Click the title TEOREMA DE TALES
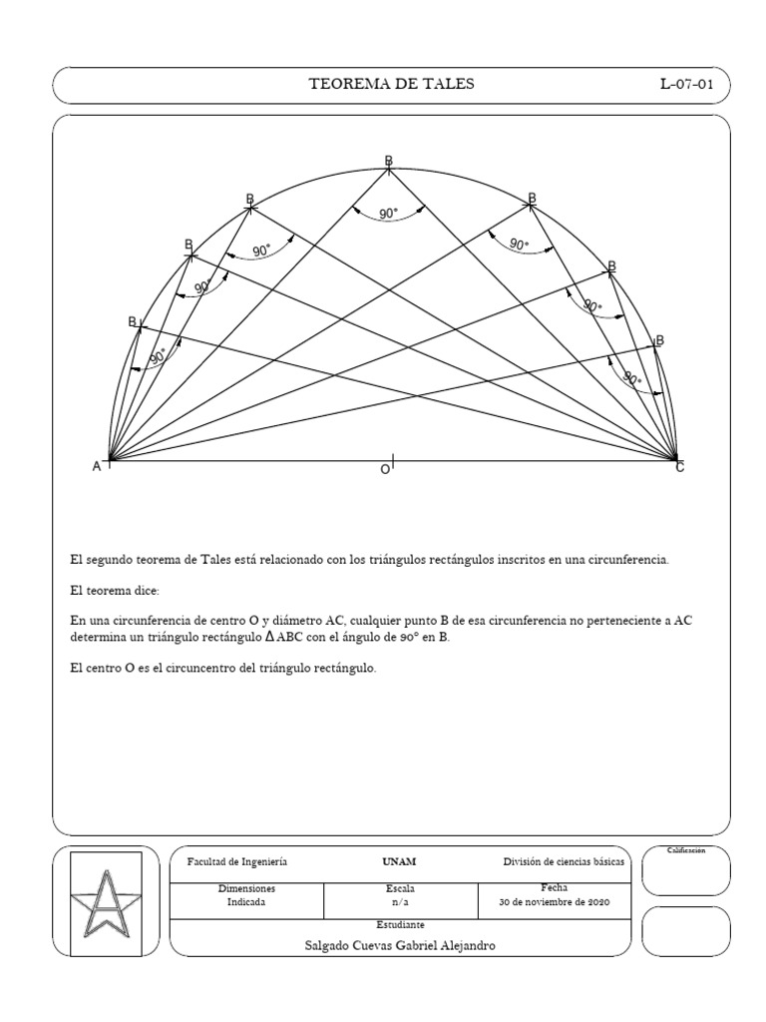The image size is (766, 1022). click(x=392, y=84)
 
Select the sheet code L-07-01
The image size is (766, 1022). click(x=686, y=84)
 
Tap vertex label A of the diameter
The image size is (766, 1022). click(x=97, y=466)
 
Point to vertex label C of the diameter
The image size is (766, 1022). click(x=680, y=467)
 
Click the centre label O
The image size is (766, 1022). click(x=383, y=469)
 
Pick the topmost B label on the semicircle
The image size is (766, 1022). click(x=389, y=161)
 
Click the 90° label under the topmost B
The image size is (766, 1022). click(x=389, y=213)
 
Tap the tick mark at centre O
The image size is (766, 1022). click(x=393, y=460)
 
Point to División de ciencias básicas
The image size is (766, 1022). click(x=565, y=860)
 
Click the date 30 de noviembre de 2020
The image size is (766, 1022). click(x=554, y=901)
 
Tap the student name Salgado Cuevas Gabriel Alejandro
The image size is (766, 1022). click(x=400, y=945)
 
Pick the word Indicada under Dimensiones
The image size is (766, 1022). click(x=246, y=901)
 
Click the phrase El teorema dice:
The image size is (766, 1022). click(x=107, y=591)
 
